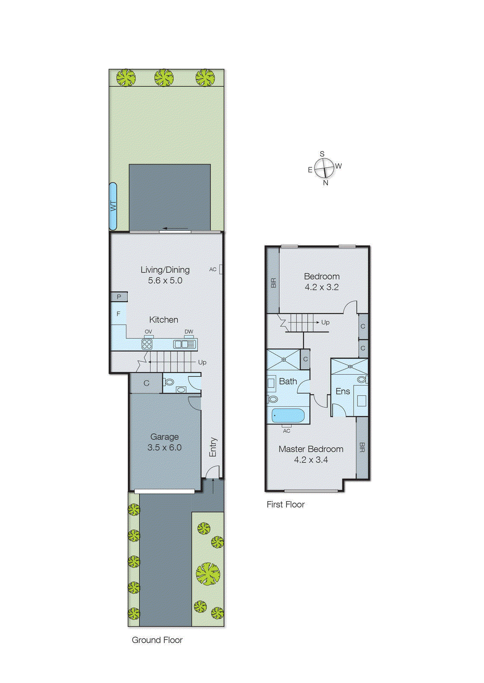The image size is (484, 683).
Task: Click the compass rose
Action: click(x=324, y=168)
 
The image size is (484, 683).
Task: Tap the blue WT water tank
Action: click(x=113, y=206)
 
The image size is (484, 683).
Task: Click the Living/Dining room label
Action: click(x=165, y=270)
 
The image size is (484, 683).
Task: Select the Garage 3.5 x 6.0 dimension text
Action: click(x=164, y=447)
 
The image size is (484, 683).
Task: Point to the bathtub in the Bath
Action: click(x=288, y=415)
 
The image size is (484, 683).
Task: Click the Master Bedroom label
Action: click(x=311, y=449)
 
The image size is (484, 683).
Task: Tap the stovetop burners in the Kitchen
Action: click(x=147, y=344)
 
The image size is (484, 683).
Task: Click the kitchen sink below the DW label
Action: click(x=185, y=344)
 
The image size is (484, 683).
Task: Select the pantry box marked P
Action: click(x=119, y=297)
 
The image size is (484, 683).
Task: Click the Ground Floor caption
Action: click(x=157, y=640)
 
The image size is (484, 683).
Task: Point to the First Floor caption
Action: click(x=285, y=505)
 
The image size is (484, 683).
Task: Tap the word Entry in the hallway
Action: click(x=213, y=447)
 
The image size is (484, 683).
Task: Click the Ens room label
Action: click(x=343, y=391)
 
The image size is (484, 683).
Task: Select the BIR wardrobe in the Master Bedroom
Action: click(x=362, y=447)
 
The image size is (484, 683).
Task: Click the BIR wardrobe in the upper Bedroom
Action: click(x=273, y=282)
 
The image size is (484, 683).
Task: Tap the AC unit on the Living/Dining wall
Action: click(x=221, y=269)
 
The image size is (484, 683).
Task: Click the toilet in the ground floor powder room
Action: click(x=169, y=382)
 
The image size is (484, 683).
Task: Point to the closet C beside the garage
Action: click(x=146, y=383)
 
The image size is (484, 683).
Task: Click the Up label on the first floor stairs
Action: click(x=325, y=322)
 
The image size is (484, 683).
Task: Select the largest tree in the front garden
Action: click(x=208, y=573)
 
